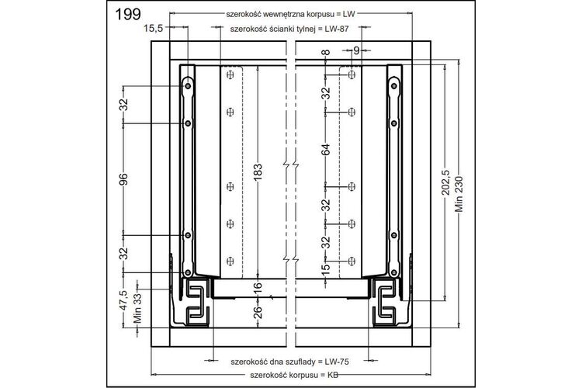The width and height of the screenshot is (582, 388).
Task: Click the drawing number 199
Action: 128,14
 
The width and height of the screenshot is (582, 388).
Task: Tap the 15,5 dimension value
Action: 154,28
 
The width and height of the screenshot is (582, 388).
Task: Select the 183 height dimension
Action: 258,172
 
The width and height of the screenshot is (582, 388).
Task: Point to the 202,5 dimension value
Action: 446,182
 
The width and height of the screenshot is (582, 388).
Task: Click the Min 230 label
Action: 459,193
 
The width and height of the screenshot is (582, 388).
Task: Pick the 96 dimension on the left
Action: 123,179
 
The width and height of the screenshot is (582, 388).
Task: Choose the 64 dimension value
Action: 325,150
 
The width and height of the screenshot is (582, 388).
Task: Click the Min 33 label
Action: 137,308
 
